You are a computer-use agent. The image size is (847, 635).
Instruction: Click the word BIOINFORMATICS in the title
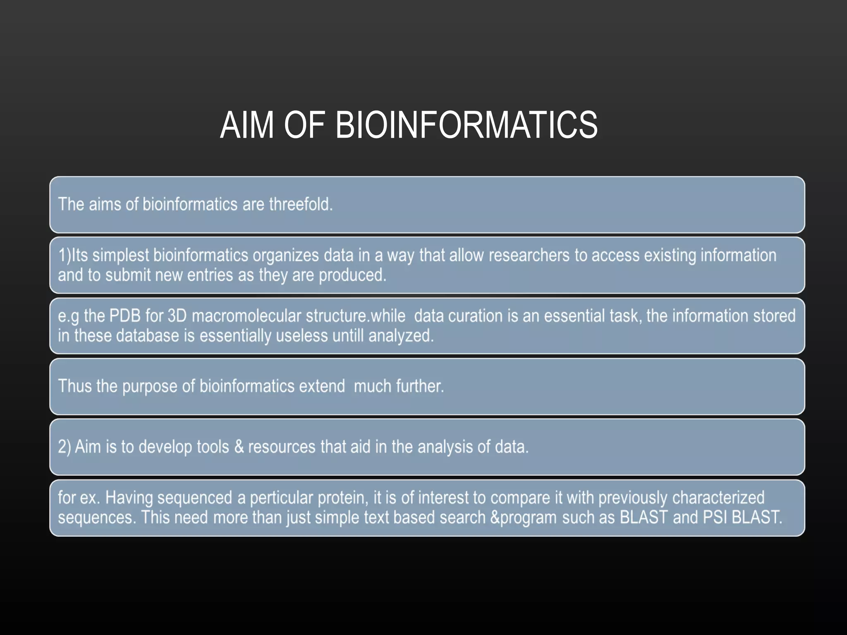pyautogui.click(x=466, y=125)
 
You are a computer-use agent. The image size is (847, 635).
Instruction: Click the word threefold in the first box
pyautogui.click(x=301, y=204)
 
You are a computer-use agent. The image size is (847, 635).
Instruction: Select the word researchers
pyautogui.click(x=529, y=255)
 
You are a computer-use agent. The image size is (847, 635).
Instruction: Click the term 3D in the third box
pyautogui.click(x=177, y=316)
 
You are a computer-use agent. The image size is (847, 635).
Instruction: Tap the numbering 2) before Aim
pyautogui.click(x=65, y=447)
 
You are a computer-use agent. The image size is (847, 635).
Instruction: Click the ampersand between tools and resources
pyautogui.click(x=239, y=447)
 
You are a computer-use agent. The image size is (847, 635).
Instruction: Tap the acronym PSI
pyautogui.click(x=715, y=518)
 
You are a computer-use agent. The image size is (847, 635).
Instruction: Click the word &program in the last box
pyautogui.click(x=523, y=518)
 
